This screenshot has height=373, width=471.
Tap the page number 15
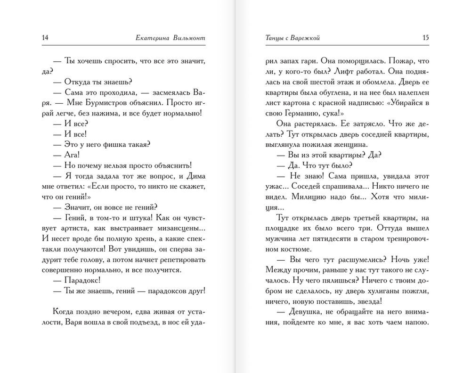pos(426,38)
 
